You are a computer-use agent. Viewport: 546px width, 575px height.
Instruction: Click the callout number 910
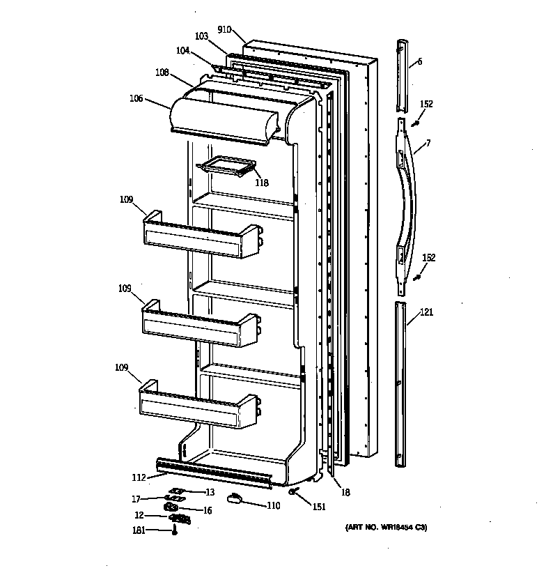click(x=224, y=30)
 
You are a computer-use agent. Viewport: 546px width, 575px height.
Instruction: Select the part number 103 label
click(x=201, y=36)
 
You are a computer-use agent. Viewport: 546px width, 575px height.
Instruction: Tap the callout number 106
click(x=135, y=99)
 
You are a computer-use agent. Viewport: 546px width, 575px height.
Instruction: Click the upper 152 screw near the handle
click(x=416, y=123)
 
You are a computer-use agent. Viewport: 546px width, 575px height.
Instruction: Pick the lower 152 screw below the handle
click(x=417, y=277)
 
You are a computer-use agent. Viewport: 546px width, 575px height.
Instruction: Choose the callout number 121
click(x=426, y=312)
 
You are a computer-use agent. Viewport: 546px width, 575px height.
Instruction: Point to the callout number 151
click(x=319, y=507)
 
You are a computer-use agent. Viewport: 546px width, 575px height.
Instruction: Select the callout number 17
click(x=136, y=498)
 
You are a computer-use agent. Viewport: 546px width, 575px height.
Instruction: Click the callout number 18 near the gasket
click(x=345, y=492)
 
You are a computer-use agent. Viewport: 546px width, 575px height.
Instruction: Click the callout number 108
click(x=162, y=71)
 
